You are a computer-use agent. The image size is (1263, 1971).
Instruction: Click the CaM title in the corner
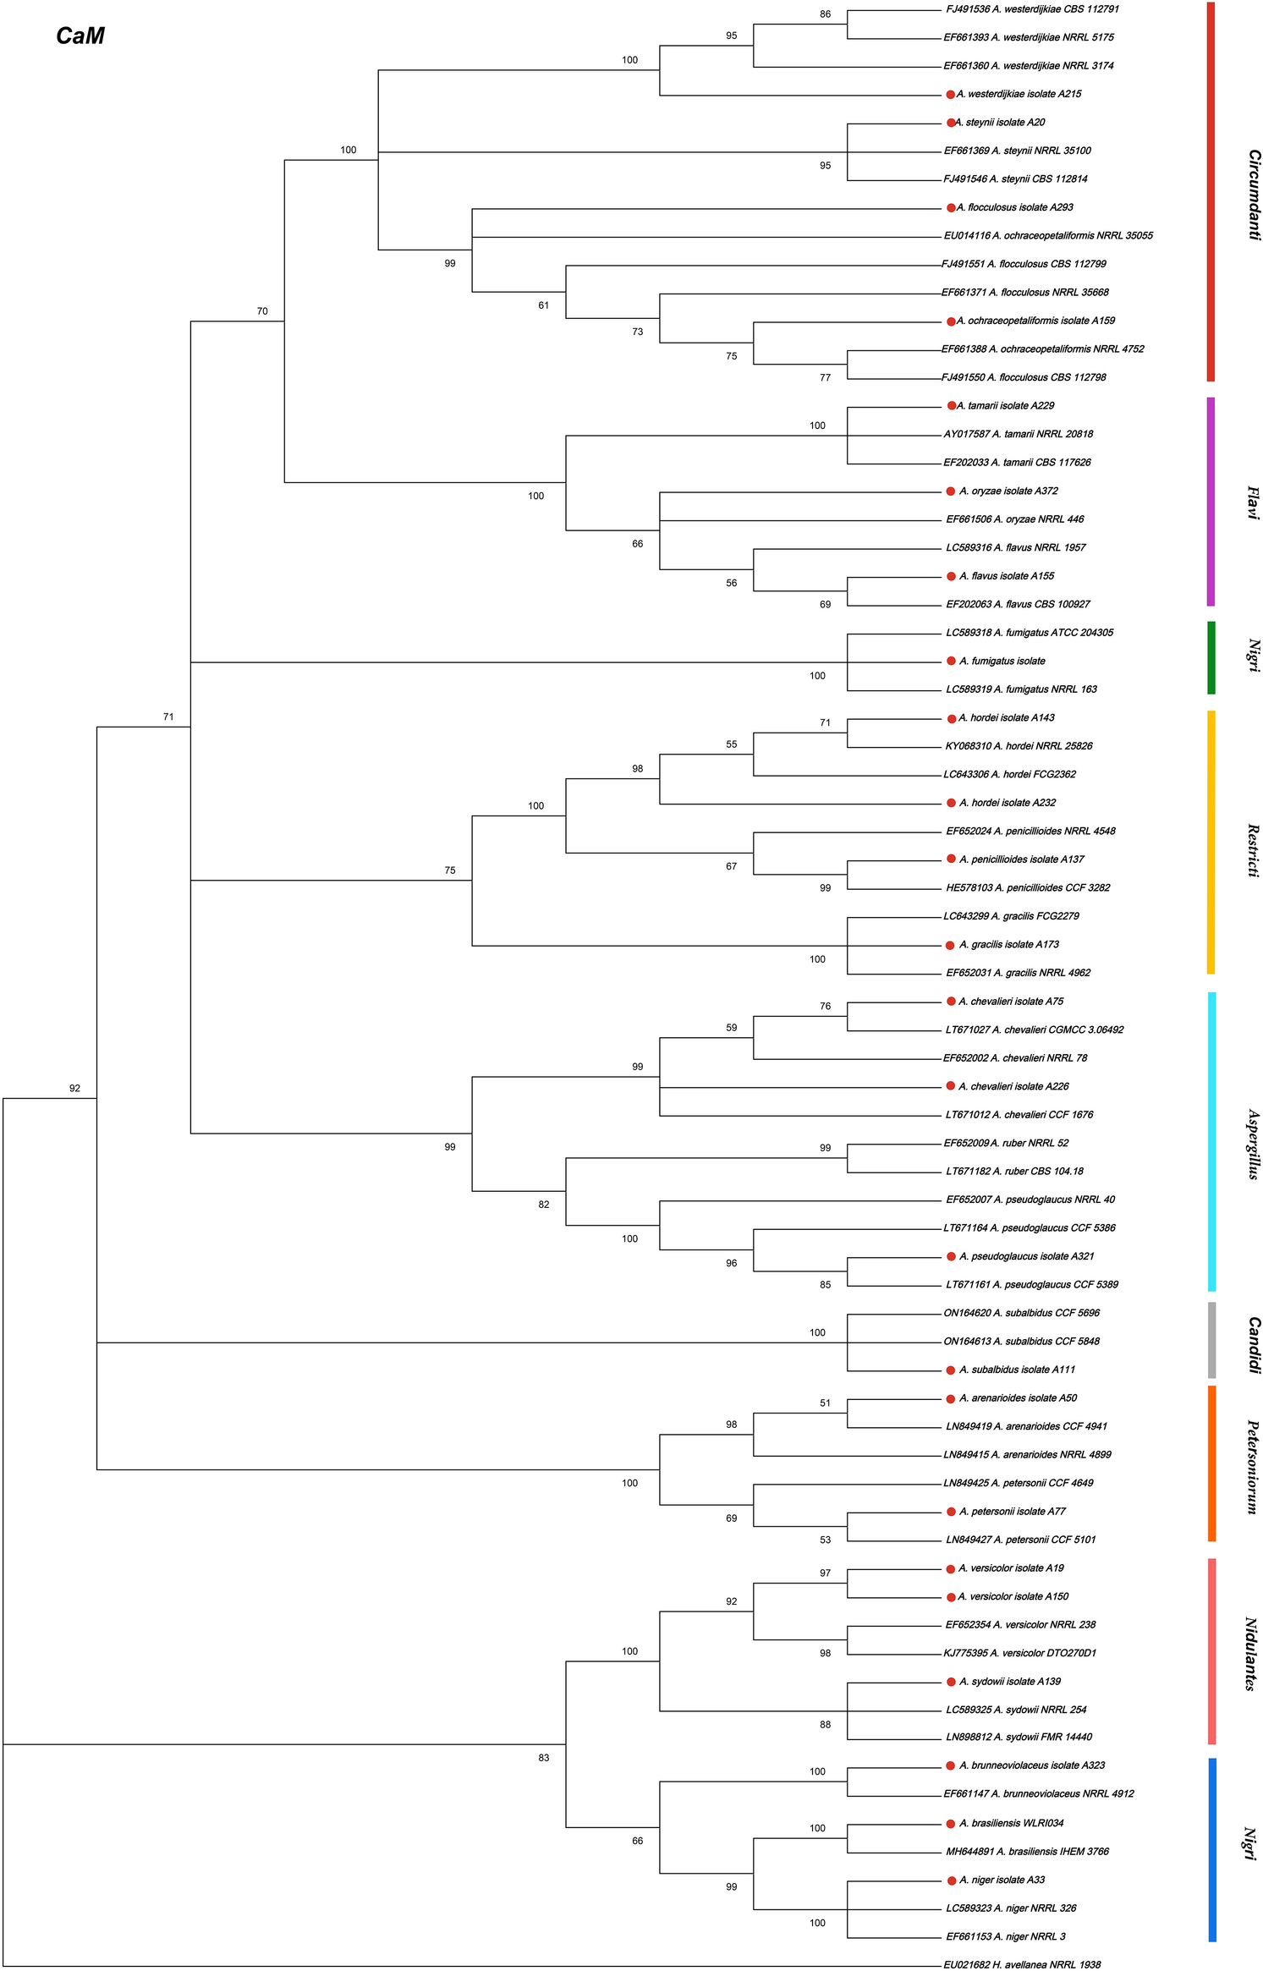pyautogui.click(x=80, y=36)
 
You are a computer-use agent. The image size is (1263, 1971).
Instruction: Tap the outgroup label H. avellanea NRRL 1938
pyautogui.click(x=1022, y=1964)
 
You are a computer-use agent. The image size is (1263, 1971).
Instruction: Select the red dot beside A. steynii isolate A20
pyautogui.click(x=951, y=123)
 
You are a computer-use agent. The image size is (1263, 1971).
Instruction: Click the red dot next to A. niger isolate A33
pyautogui.click(x=951, y=1880)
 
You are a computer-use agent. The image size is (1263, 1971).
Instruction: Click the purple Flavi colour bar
pyautogui.click(x=1211, y=502)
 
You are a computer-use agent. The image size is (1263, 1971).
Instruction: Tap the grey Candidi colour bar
pyautogui.click(x=1211, y=1340)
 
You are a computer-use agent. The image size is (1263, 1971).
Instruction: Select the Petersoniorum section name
pyautogui.click(x=1253, y=1467)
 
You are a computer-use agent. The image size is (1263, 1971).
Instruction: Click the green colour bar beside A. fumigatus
pyautogui.click(x=1211, y=657)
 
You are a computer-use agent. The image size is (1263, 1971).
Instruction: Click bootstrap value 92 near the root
pyautogui.click(x=74, y=1089)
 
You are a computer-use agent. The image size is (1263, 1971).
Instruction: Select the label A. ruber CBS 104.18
pyautogui.click(x=1014, y=1172)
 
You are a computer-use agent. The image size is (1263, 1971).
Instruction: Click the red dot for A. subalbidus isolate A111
pyautogui.click(x=951, y=1370)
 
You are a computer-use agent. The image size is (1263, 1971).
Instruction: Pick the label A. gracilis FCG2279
pyautogui.click(x=1011, y=916)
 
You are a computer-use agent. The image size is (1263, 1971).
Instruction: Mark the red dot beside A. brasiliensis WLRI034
pyautogui.click(x=951, y=1824)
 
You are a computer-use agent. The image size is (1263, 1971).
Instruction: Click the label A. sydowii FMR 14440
pyautogui.click(x=1019, y=1738)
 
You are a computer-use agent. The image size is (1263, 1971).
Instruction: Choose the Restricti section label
pyautogui.click(x=1253, y=850)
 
